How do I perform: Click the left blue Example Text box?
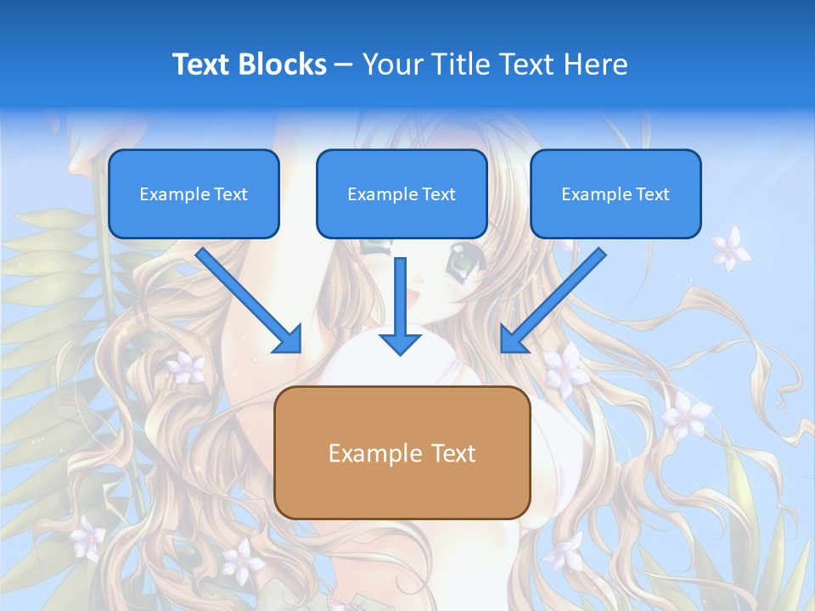coord(194,194)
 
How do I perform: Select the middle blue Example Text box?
coord(402,194)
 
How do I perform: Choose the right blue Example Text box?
coord(615,194)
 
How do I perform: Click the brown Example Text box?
coord(402,453)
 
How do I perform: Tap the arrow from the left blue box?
coord(250,301)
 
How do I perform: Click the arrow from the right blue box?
coord(554,301)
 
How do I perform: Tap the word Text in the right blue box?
coord(653,194)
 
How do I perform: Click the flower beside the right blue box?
coord(729,248)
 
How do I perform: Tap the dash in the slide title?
coord(344,64)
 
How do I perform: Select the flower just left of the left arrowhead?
coord(186,367)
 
